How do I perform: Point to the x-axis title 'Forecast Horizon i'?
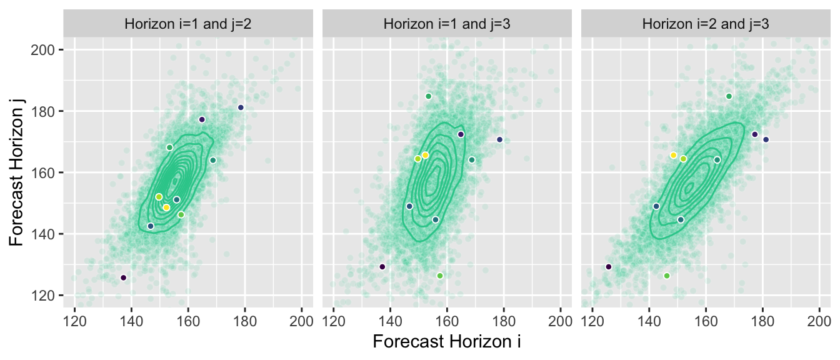[447, 342]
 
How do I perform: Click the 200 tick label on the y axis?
[47, 50]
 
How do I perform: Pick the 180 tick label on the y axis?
[47, 111]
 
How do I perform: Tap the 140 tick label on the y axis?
[47, 234]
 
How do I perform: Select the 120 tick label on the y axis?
[47, 295]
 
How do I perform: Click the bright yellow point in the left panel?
[166, 207]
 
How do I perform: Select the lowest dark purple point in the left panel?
[123, 277]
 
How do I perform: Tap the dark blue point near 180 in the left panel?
[241, 107]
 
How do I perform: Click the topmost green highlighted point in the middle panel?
[429, 96]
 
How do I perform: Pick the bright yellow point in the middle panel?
[425, 155]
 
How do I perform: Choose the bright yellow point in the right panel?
[673, 155]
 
